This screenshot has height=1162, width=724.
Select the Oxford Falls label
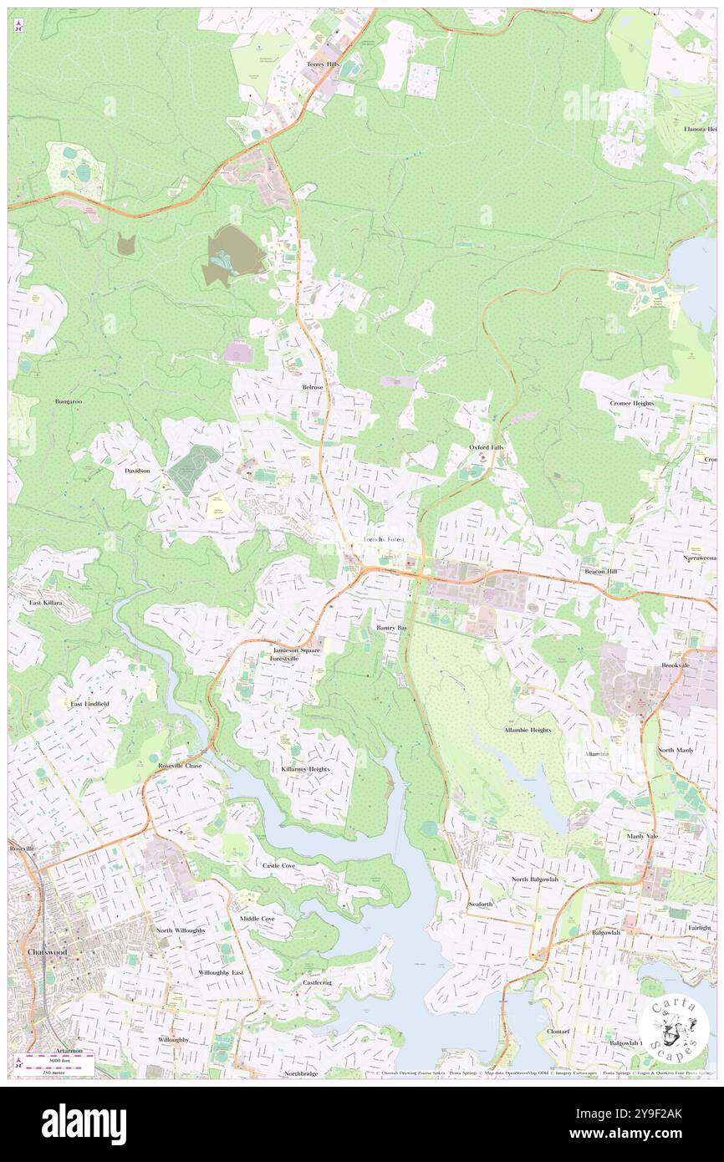coord(486,448)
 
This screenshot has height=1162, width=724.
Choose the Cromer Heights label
coord(631,403)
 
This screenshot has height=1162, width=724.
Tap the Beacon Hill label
coord(600,571)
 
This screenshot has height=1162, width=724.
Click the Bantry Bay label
coord(391,627)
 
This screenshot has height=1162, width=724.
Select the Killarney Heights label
coord(306,768)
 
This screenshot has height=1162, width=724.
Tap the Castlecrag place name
coord(317,982)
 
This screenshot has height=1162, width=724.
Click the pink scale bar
coord(58,1058)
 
